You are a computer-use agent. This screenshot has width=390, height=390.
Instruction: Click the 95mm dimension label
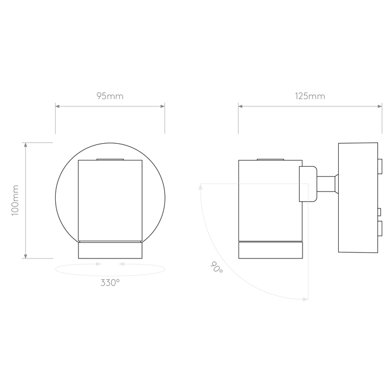(110, 96)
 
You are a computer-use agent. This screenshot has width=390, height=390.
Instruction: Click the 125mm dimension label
(310, 96)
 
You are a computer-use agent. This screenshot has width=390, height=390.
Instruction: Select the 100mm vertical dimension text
(15, 201)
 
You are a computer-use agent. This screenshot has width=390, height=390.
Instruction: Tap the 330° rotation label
(110, 283)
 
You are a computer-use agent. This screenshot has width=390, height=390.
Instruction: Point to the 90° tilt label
(216, 267)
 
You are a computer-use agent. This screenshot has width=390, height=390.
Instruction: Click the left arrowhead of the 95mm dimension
(57, 106)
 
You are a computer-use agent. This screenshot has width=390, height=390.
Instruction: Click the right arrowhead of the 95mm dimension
(163, 106)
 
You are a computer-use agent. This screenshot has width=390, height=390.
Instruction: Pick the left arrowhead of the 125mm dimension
(240, 106)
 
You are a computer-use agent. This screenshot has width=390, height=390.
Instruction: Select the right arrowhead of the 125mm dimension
(380, 106)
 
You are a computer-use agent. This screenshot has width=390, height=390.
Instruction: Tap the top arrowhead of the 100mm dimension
(26, 145)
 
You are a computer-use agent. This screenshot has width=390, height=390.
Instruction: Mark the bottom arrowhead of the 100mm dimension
(26, 256)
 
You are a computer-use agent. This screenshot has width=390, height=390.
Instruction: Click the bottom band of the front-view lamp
(110, 250)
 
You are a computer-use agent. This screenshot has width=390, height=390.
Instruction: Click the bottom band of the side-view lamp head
(271, 250)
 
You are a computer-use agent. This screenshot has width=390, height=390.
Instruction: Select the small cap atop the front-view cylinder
(110, 159)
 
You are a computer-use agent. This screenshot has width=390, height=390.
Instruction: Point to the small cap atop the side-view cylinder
(270, 159)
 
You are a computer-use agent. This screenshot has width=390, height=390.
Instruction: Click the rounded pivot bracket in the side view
(308, 184)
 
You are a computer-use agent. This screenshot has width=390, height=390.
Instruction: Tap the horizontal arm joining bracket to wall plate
(328, 184)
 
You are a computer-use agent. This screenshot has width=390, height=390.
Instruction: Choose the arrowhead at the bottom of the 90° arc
(306, 299)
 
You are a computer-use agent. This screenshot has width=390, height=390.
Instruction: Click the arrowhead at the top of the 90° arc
(201, 187)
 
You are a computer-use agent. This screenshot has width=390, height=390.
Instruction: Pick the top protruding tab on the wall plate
(380, 166)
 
